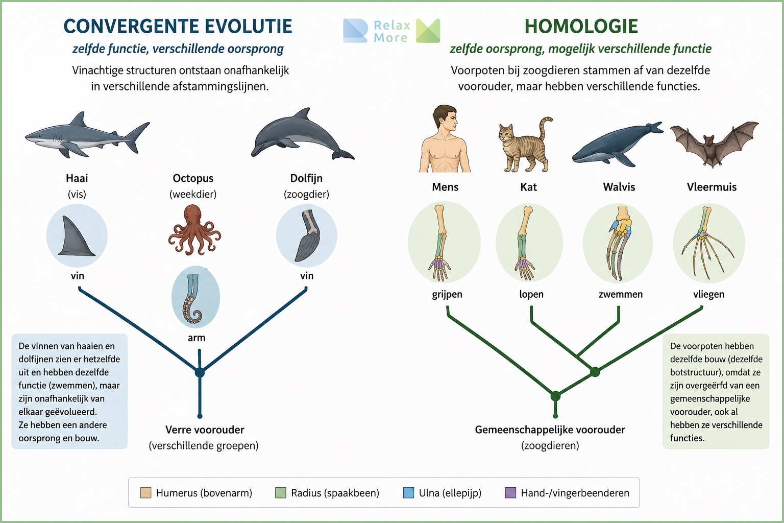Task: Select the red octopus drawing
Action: click(194, 230)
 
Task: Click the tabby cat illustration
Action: click(525, 146)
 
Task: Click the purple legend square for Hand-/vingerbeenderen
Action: click(510, 492)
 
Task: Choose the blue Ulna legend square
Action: click(408, 492)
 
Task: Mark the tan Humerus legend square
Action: click(145, 492)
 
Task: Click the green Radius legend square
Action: click(281, 492)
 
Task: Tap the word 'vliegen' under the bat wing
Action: click(709, 294)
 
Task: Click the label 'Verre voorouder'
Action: click(205, 430)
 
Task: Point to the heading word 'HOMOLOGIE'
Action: click(581, 26)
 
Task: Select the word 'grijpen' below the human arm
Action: click(447, 294)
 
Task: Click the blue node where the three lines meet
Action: click(200, 372)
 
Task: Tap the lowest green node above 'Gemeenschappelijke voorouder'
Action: click(555, 396)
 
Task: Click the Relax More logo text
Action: click(391, 31)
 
